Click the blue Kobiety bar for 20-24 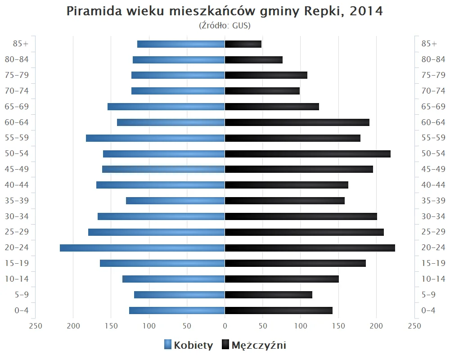point(142,248)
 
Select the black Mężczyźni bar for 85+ point(243,44)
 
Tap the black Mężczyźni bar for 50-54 point(307,154)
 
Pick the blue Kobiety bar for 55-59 point(155,138)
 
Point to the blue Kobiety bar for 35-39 point(175,201)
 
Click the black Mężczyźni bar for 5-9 point(269,295)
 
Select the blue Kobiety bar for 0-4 point(177,310)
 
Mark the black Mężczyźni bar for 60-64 point(297,122)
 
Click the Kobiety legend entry point(189,345)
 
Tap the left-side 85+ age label point(21,44)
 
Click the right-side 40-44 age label point(433,185)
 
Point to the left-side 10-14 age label point(18,279)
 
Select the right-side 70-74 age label point(433,91)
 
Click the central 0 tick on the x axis point(225,326)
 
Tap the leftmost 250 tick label point(35,326)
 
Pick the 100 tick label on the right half point(301,326)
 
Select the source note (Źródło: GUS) point(225,26)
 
